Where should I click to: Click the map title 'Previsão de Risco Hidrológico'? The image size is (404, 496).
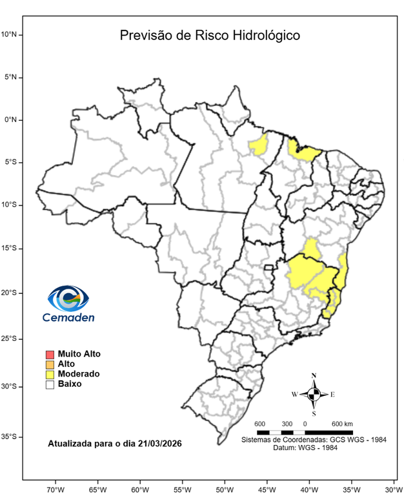(x=210, y=36)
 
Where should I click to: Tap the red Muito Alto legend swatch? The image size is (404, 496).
(x=50, y=355)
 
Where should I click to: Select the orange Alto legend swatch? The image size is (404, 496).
(x=50, y=364)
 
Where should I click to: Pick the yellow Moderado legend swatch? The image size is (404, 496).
(x=50, y=374)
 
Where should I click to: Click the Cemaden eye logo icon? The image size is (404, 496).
(x=68, y=298)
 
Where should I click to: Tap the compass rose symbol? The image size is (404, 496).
(x=314, y=393)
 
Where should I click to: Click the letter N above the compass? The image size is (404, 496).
(x=314, y=376)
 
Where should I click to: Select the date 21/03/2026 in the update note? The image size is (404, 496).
(x=154, y=444)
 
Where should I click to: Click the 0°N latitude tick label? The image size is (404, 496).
(x=11, y=119)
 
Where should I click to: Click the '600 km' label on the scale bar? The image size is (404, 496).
(x=342, y=424)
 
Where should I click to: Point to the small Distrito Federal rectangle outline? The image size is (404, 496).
(x=269, y=267)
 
